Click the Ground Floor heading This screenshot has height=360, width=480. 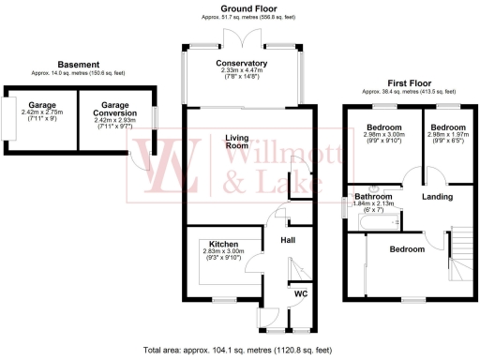[x=240, y=7]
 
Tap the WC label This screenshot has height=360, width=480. [x=300, y=294]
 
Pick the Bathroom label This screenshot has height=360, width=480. [x=373, y=196]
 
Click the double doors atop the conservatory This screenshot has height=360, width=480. [x=242, y=38]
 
